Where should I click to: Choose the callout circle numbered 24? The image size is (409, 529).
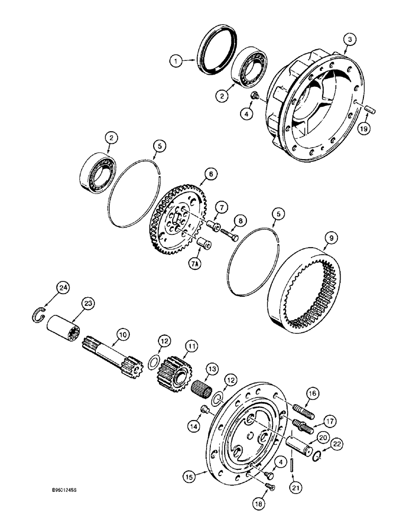pos(63,287)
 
